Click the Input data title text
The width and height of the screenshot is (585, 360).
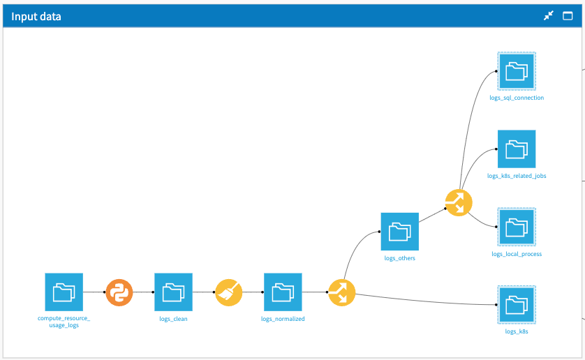click(x=36, y=16)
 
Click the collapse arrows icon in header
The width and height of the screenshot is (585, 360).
click(x=549, y=16)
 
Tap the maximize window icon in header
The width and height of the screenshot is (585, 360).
click(x=568, y=16)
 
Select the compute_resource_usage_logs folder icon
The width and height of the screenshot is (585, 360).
click(x=64, y=292)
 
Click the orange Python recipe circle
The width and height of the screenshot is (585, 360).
click(x=119, y=292)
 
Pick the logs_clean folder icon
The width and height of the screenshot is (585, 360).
click(x=173, y=292)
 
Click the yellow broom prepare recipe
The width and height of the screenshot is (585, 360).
click(x=228, y=292)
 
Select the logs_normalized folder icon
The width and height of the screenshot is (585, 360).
click(x=283, y=292)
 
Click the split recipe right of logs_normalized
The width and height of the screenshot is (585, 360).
click(x=341, y=292)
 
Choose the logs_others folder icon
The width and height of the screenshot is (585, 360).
click(x=399, y=232)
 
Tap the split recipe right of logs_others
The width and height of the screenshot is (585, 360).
click(x=459, y=202)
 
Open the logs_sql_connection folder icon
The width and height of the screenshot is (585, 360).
click(x=516, y=70)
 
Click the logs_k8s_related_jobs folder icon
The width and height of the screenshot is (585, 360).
click(x=516, y=149)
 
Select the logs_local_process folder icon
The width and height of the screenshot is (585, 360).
click(x=516, y=227)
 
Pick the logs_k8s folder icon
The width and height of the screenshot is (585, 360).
click(x=516, y=304)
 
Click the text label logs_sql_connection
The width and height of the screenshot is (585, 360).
click(x=517, y=98)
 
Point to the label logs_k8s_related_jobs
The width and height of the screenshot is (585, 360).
click(x=517, y=177)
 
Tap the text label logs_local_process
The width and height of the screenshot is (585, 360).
click(x=517, y=254)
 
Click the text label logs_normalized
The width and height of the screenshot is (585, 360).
click(x=283, y=319)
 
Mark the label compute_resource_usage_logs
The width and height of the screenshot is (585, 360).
click(x=64, y=322)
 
